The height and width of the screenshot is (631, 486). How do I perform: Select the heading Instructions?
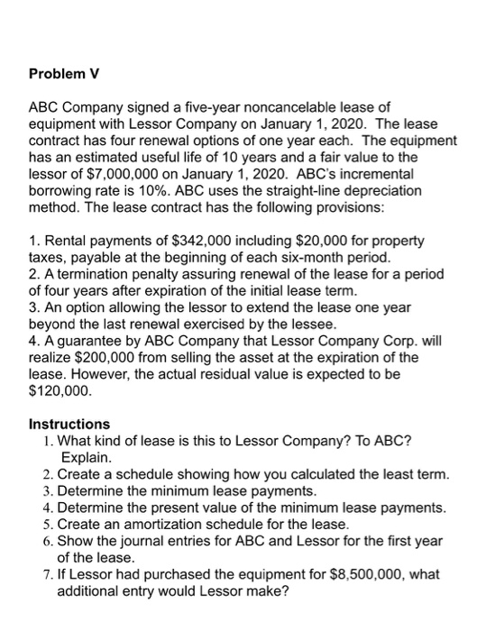pos(69,424)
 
